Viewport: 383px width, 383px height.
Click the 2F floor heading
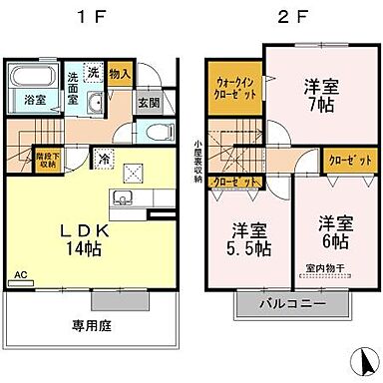tap(283, 17)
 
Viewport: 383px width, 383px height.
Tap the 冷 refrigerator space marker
tap(104, 157)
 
